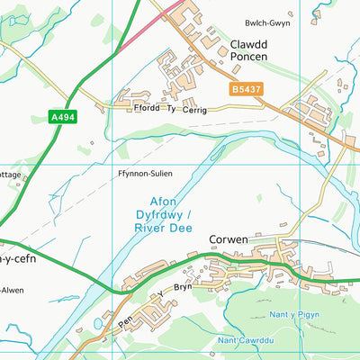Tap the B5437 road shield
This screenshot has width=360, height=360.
pyautogui.click(x=246, y=90)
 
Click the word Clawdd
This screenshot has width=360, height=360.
pyautogui.click(x=248, y=43)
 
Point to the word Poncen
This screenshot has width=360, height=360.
pyautogui.click(x=248, y=56)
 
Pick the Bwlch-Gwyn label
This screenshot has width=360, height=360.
pyautogui.click(x=267, y=23)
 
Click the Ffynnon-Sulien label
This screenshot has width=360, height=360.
pyautogui.click(x=144, y=172)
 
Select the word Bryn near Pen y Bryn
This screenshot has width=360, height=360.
pyautogui.click(x=183, y=286)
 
